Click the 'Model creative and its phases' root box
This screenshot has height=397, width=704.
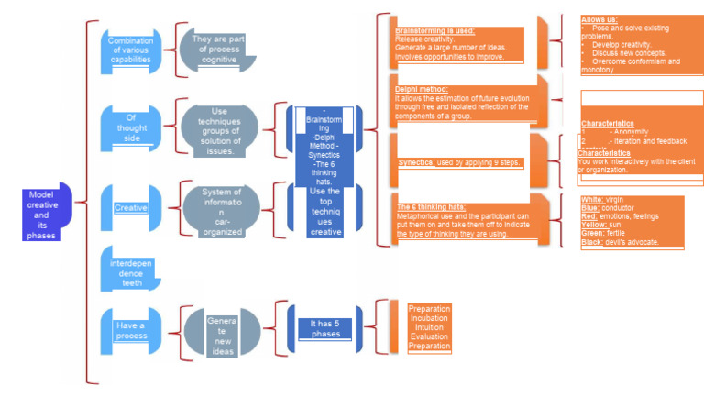pyautogui.click(x=42, y=215)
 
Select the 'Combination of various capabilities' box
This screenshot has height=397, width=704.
pyautogui.click(x=131, y=50)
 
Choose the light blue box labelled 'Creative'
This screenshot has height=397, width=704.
pyautogui.click(x=131, y=208)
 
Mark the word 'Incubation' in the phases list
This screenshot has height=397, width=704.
pyautogui.click(x=429, y=318)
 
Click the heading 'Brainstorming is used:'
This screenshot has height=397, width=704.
pyautogui.click(x=434, y=30)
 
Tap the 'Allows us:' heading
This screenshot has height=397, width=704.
pyautogui.click(x=599, y=18)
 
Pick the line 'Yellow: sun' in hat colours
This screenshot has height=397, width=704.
pyautogui.click(x=602, y=224)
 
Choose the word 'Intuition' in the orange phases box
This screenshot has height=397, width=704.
pyautogui.click(x=429, y=327)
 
